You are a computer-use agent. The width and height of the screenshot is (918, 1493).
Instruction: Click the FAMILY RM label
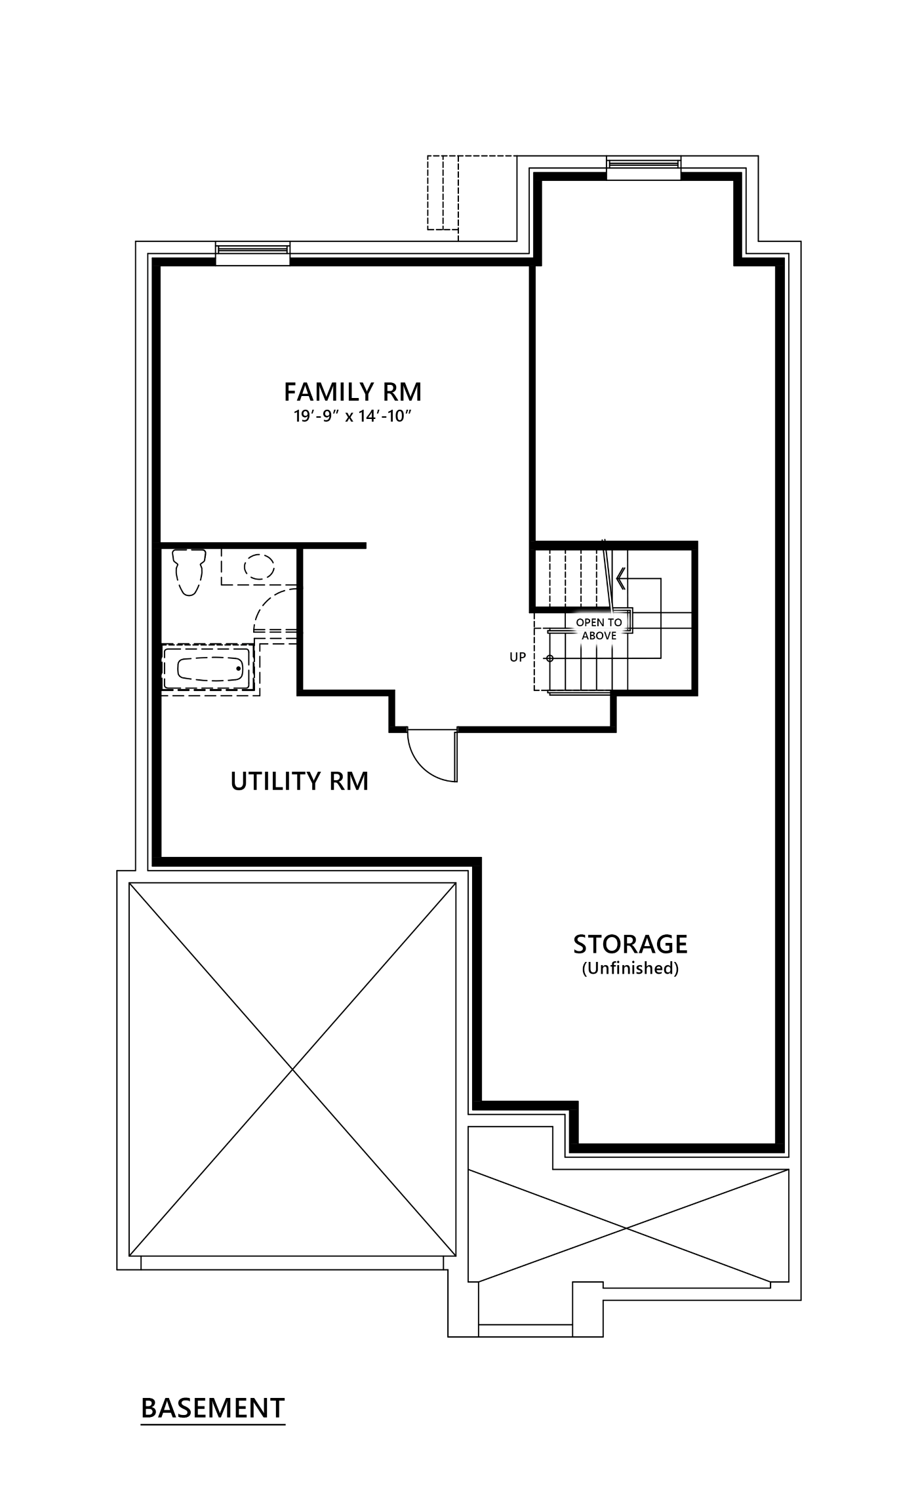[353, 392]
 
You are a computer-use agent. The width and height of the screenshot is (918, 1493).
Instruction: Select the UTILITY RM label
[300, 781]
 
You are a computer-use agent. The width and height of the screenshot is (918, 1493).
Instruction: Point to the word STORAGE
[630, 944]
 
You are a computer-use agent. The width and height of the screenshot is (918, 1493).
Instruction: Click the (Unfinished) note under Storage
[630, 968]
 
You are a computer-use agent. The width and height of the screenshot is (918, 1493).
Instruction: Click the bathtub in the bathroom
[209, 669]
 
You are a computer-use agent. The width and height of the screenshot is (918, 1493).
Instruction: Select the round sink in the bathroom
[260, 567]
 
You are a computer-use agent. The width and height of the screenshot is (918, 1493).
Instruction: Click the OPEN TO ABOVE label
[599, 629]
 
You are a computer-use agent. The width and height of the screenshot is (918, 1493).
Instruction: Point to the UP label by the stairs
[518, 657]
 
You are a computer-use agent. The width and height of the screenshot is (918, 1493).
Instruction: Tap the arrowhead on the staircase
[620, 578]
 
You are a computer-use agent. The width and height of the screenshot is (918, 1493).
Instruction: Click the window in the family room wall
[252, 253]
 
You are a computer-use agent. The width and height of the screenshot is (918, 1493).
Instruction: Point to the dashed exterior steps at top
[443, 192]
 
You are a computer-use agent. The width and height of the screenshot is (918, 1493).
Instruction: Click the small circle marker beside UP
[550, 658]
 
